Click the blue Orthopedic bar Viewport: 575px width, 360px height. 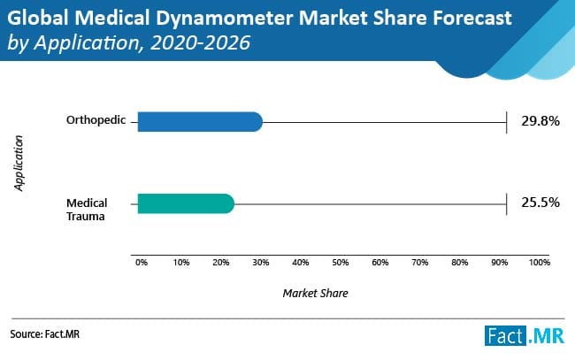click(x=199, y=121)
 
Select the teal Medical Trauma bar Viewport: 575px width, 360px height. click(x=185, y=203)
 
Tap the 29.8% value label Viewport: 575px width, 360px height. click(x=540, y=121)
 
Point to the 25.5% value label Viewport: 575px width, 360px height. click(x=540, y=203)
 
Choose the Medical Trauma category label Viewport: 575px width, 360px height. click(x=87, y=210)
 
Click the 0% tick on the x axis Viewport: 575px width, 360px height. click(x=141, y=263)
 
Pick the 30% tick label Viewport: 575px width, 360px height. click(x=261, y=263)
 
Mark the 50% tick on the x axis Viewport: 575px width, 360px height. click(x=341, y=263)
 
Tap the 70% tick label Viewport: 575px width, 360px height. click(x=420, y=263)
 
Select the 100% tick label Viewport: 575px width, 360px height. click(x=539, y=263)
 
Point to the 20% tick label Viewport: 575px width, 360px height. click(x=221, y=263)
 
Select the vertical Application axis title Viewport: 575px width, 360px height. click(x=19, y=163)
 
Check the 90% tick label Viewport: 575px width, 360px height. click(x=499, y=263)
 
